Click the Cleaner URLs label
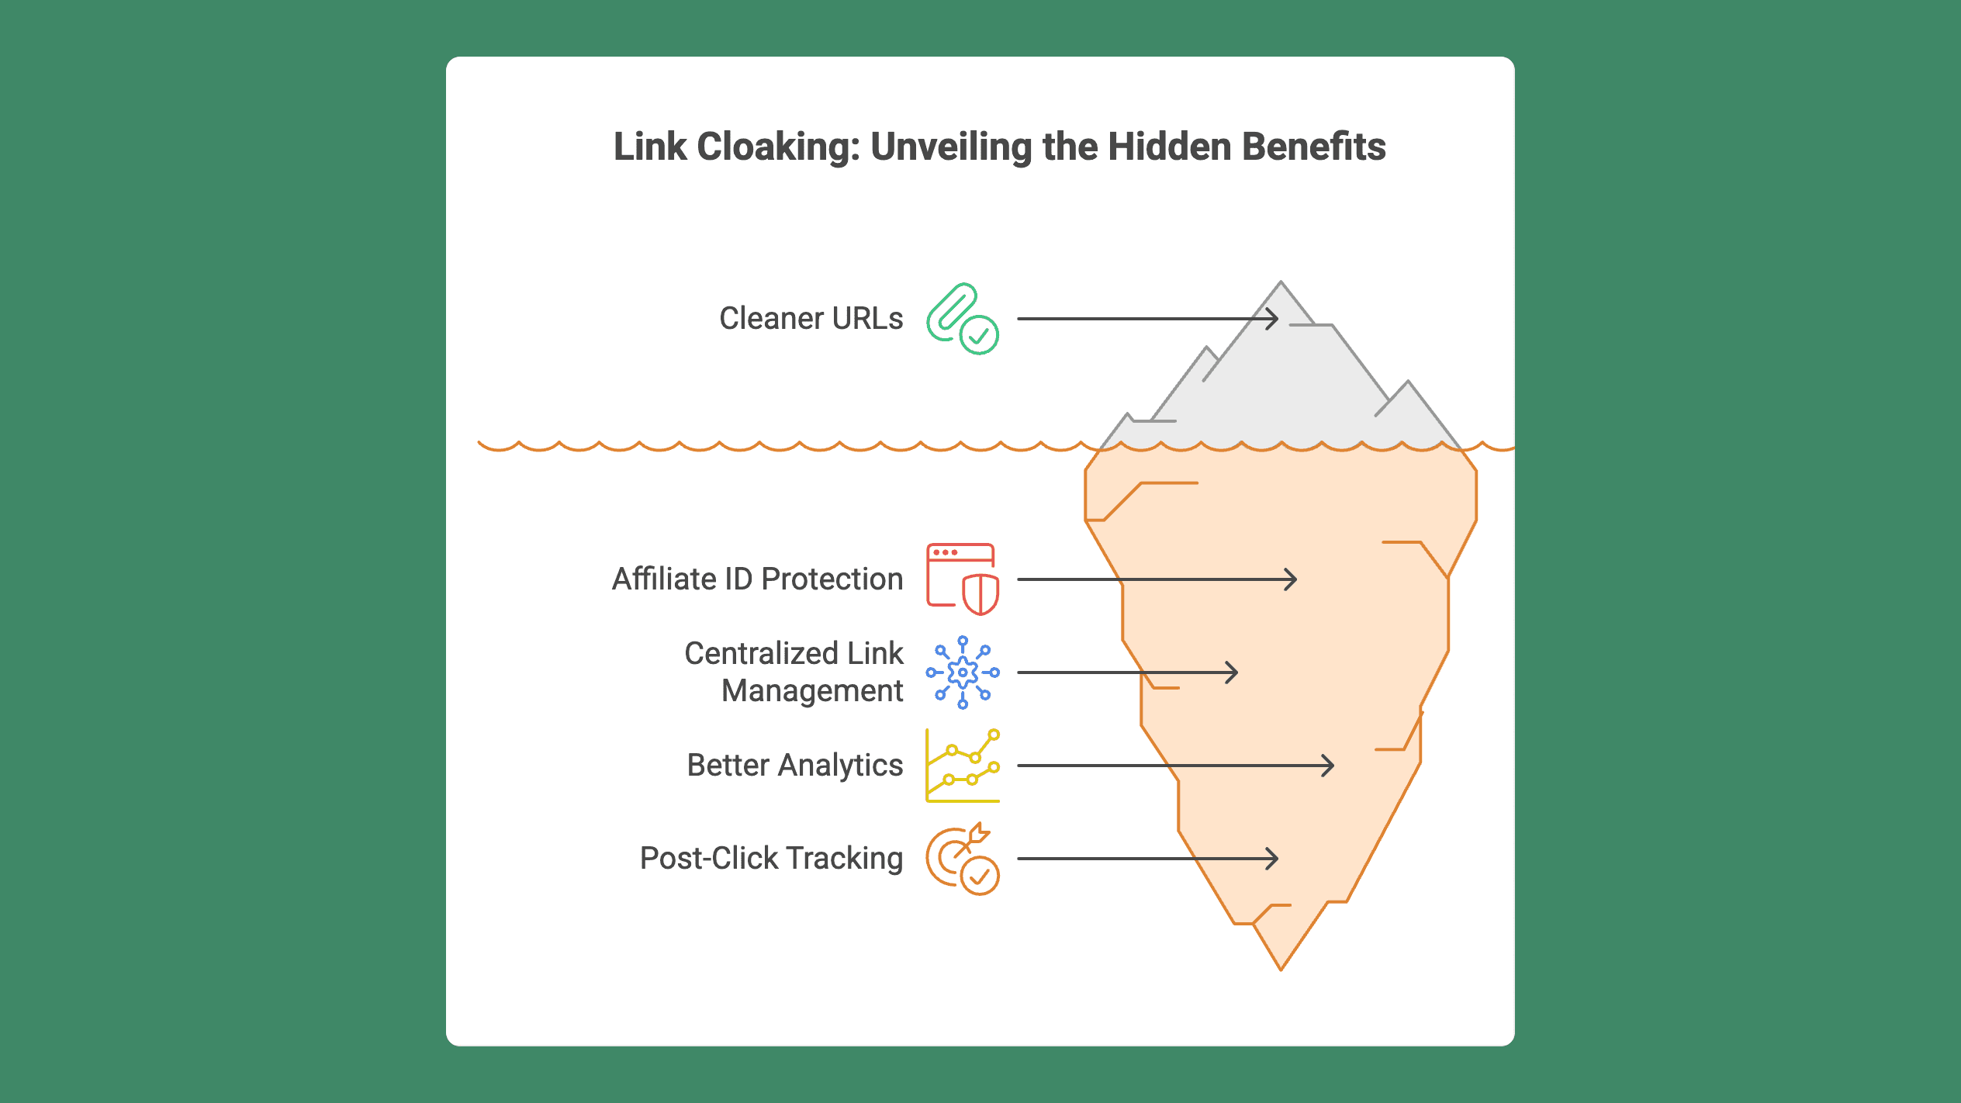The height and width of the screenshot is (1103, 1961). click(811, 319)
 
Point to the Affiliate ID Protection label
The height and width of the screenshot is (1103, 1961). click(758, 579)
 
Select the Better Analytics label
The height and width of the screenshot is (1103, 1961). click(795, 766)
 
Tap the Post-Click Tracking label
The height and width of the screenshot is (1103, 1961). click(772, 859)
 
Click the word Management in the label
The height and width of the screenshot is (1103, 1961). click(812, 691)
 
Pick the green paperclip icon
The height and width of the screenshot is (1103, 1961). click(963, 319)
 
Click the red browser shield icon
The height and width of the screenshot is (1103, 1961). click(963, 579)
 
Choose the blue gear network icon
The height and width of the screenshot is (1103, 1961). click(963, 673)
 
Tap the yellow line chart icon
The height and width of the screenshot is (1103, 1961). click(963, 766)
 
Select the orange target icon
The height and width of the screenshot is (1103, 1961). click(963, 859)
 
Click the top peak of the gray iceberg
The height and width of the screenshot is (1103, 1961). click(1281, 282)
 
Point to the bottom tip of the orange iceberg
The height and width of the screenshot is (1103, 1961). click(1281, 970)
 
